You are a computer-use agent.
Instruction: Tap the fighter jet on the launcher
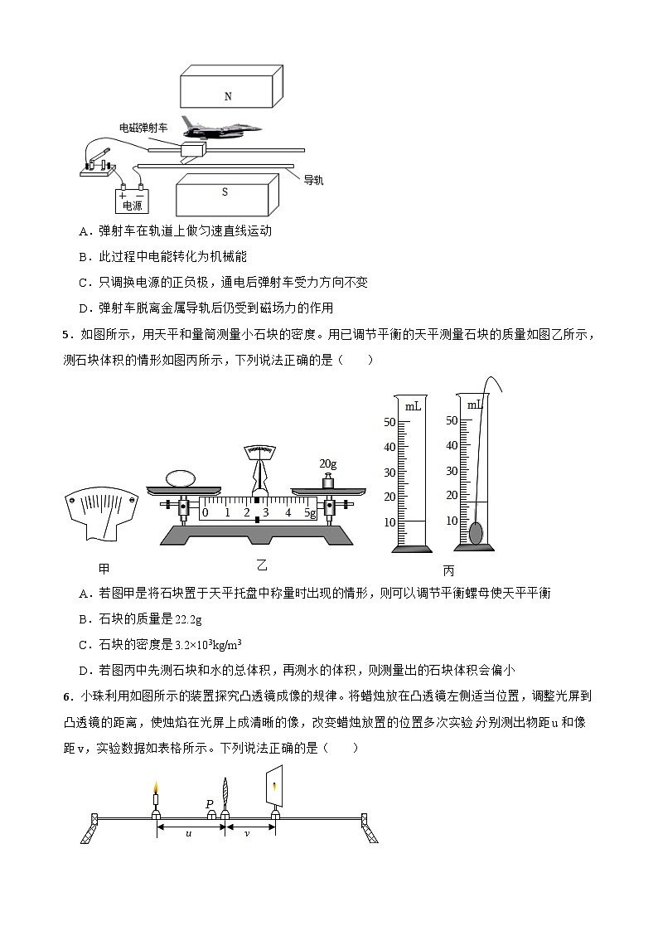pos(220,128)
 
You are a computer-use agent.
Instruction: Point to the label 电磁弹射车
pos(143,127)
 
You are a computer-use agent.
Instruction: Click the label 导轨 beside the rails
pos(312,179)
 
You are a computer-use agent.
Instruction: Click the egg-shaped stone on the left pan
pos(180,478)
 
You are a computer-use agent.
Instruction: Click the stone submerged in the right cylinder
pos(476,532)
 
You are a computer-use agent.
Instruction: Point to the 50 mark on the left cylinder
pos(389,422)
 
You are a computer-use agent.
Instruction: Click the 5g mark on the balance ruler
pos(310,513)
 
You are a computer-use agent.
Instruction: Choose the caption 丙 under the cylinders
pos(448,570)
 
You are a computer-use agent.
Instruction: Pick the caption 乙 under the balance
pos(262,565)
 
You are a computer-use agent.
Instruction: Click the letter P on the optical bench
pos(210,803)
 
